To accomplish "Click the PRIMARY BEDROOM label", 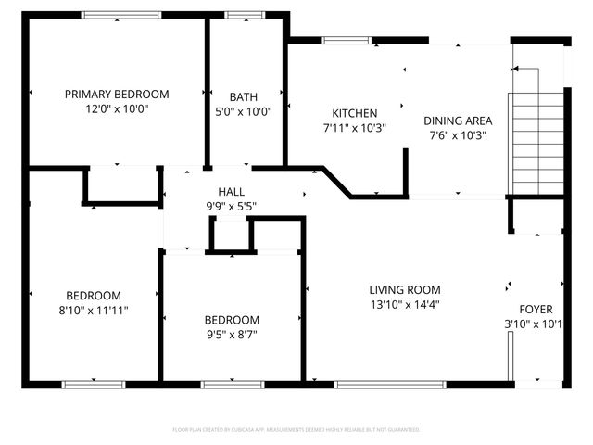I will tap(117, 94).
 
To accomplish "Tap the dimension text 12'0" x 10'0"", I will tap(117, 108).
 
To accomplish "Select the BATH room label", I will tap(244, 96).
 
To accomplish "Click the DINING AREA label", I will tap(458, 121).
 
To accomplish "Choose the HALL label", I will tap(231, 192).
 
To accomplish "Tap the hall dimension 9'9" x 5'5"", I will tap(231, 206).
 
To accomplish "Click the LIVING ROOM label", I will tap(405, 289).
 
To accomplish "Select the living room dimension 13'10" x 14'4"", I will tap(405, 304).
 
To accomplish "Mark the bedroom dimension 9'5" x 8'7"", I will tap(232, 334).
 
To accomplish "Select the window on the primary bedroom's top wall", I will tap(120, 15).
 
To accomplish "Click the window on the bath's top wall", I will tap(245, 15).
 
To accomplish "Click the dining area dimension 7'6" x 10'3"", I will tap(458, 135).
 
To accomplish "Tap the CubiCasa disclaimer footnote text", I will tap(296, 429).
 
